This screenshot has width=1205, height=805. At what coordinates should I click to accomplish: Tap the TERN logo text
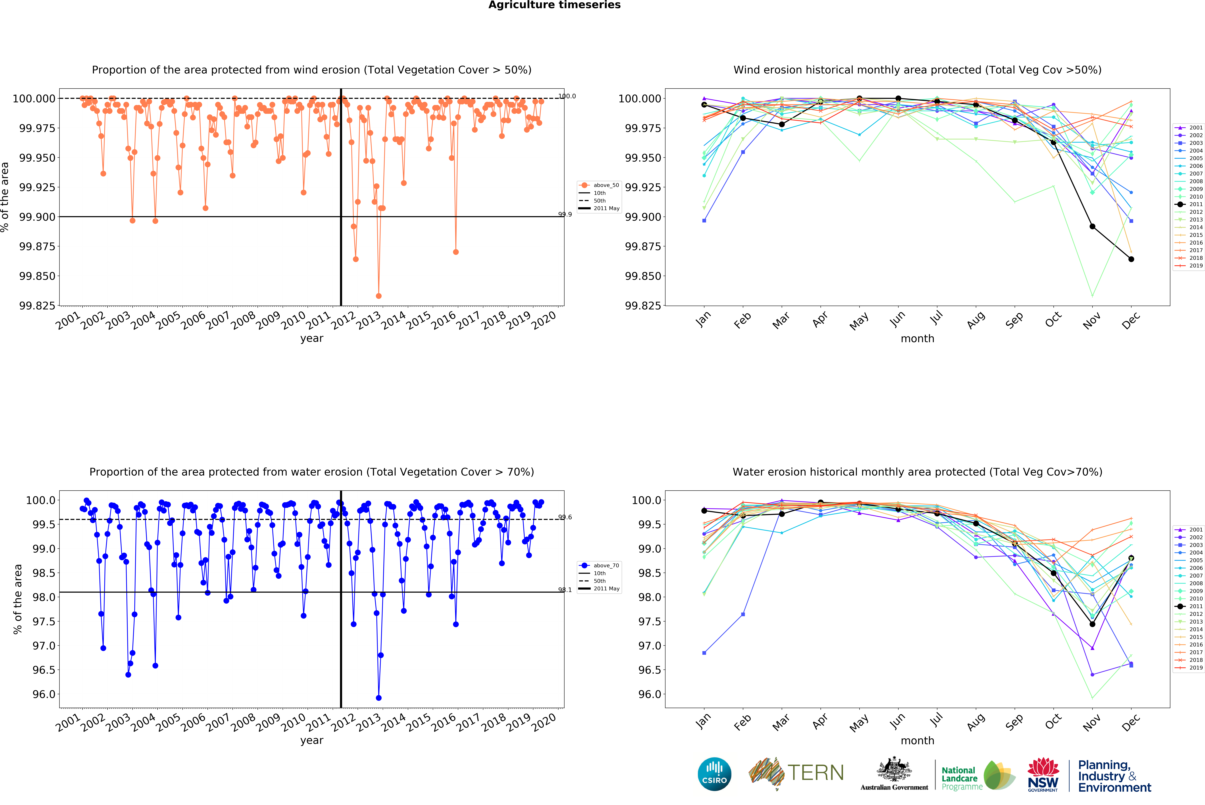pyautogui.click(x=815, y=773)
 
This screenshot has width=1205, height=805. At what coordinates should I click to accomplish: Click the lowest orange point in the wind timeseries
pyautogui.click(x=379, y=296)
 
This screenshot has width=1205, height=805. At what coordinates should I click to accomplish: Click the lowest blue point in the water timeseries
pyautogui.click(x=379, y=698)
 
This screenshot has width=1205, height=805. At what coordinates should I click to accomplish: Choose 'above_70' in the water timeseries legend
pyautogui.click(x=606, y=565)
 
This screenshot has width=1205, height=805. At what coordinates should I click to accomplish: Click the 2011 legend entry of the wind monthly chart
pyautogui.click(x=1195, y=204)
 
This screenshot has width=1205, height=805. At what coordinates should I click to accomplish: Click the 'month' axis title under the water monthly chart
pyautogui.click(x=917, y=740)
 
